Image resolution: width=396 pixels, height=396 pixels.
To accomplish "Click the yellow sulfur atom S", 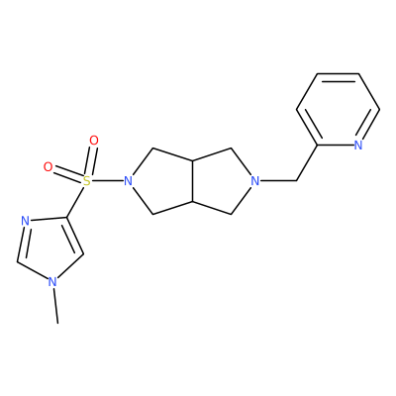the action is pos(86,180).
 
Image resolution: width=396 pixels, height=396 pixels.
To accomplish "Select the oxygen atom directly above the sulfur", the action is pos(94,141).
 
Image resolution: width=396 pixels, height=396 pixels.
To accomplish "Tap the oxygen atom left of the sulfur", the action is pos(49,167).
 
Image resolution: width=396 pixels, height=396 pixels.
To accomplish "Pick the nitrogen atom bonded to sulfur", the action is pos(128,181).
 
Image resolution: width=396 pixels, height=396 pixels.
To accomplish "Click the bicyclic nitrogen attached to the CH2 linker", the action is pos(254,181).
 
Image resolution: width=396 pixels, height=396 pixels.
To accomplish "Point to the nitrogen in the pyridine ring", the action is pos(358,145).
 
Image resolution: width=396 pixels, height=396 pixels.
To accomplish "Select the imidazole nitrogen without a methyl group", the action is pos(25,221).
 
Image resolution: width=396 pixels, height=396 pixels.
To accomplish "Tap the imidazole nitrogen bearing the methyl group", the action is pos(52,282).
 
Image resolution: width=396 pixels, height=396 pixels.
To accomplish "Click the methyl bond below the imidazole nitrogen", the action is pos(55,306).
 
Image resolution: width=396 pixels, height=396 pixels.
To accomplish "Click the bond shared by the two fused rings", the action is pos(193,181).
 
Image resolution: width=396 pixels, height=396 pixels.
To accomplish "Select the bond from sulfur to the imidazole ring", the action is pos(75,201).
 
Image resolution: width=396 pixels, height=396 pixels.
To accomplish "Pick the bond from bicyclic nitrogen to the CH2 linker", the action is pos(278,181).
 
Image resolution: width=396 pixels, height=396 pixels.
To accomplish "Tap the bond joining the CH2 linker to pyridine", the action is pos(307,162).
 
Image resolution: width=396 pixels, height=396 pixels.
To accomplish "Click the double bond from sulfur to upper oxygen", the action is pos(90,161).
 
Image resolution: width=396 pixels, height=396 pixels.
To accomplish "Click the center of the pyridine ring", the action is pos(338,109).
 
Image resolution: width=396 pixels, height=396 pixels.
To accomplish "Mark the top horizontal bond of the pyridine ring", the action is pos(338,73).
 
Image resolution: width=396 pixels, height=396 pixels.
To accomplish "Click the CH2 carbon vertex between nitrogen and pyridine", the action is pos(297,181).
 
